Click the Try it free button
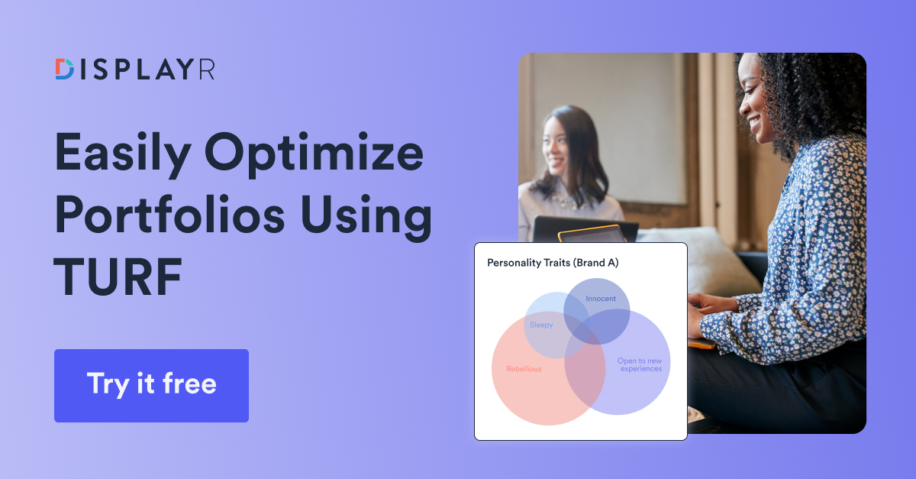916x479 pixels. coord(151,385)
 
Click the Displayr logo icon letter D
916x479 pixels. coord(65,69)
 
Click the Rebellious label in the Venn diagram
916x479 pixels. coord(524,369)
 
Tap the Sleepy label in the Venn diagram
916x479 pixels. coord(541,325)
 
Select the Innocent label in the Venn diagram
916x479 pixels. coord(601,299)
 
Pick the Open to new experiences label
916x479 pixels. coord(640,364)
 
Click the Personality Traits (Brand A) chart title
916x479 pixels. coord(553,263)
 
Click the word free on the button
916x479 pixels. coord(185,384)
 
